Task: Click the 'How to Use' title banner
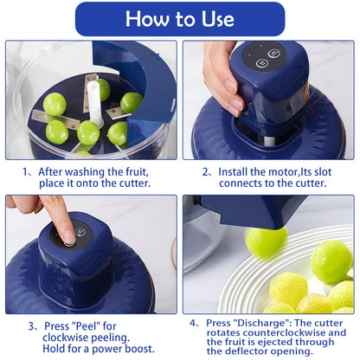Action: [179, 19]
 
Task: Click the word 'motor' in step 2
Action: [292, 171]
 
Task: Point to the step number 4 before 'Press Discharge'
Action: [194, 322]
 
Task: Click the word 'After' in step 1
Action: [56, 171]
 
